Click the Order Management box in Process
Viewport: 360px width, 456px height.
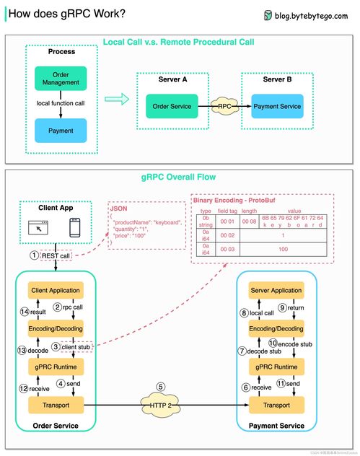coord(60,79)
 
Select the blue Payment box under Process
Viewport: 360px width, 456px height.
coord(60,131)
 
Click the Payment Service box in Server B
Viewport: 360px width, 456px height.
coord(277,107)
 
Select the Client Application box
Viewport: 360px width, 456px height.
coord(55,290)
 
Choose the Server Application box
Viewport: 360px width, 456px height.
coord(276,290)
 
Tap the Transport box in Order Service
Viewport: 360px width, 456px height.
coord(55,406)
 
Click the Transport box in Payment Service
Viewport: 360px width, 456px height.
coord(276,406)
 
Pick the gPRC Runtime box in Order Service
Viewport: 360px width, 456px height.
coord(55,367)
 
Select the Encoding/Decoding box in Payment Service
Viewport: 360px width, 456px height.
coord(276,328)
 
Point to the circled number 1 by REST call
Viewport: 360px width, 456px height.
coord(32,255)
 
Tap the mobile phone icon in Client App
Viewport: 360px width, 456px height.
coord(74,229)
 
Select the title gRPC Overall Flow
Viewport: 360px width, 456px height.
coord(180,177)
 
